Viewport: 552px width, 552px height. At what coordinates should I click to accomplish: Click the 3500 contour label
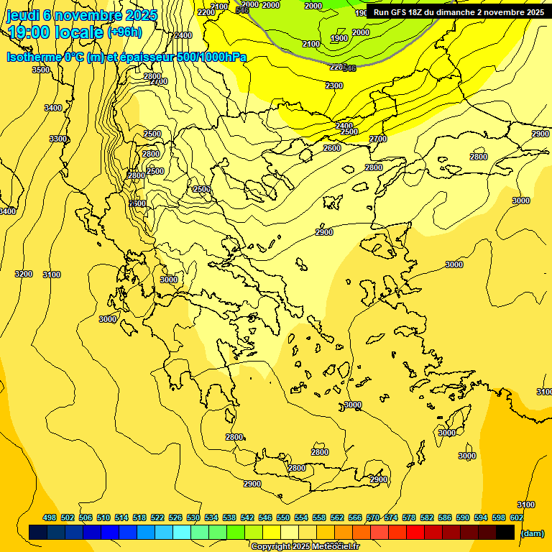pos(41,70)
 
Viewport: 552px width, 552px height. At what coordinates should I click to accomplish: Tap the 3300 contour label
pos(58,139)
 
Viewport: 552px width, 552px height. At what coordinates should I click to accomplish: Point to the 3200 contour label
pos(24,274)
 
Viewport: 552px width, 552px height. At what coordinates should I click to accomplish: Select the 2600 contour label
pos(331,148)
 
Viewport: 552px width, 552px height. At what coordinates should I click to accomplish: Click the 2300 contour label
pos(334,86)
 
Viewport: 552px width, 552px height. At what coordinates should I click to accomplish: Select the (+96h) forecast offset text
pos(124,32)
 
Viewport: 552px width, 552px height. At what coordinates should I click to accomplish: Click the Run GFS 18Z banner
pos(459,12)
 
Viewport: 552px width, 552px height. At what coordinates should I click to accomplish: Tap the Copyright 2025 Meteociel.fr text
pos(305,547)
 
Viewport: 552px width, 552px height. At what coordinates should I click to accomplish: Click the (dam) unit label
pos(532,533)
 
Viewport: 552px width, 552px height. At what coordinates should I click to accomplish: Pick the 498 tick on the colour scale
pos(50,517)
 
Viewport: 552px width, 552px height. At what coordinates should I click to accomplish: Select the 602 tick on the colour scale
pos(517,517)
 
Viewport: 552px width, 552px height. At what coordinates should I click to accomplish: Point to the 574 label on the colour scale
pos(391,517)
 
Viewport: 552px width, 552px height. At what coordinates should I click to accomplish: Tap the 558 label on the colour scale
pos(319,517)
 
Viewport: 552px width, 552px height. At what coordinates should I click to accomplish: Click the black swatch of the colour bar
pos(505,532)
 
